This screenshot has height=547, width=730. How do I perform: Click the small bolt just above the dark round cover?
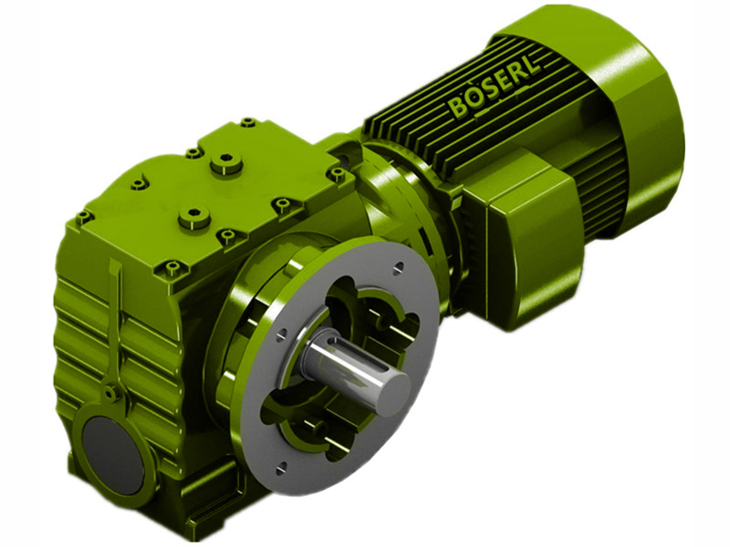[110, 394]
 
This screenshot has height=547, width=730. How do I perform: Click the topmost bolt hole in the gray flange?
[398, 267]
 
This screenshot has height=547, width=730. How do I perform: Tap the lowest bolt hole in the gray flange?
[281, 469]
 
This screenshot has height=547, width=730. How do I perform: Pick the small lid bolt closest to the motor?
[337, 172]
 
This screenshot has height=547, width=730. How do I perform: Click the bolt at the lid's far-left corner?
[84, 217]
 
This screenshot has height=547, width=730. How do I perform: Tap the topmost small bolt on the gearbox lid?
[247, 121]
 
